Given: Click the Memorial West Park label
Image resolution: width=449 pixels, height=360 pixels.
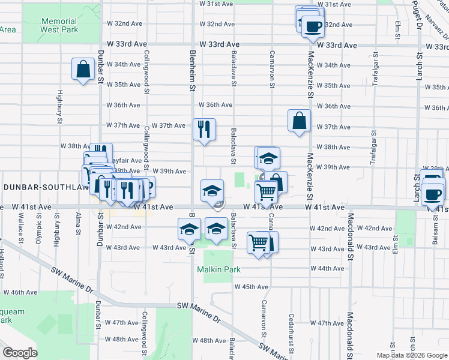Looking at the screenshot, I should [59, 25].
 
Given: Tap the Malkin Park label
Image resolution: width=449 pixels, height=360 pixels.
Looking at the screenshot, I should [219, 269].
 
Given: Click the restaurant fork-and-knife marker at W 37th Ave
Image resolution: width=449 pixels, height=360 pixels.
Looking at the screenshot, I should [204, 129].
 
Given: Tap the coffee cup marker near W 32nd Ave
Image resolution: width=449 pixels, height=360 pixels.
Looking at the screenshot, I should [312, 26].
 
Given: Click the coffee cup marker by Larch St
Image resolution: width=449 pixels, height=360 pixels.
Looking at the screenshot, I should [432, 194].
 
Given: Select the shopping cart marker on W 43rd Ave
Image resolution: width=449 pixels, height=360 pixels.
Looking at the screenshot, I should [258, 243].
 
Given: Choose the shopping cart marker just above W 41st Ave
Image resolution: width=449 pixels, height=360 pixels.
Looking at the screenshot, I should [266, 192].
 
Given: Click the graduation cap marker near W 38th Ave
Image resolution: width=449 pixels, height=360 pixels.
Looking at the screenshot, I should [269, 158].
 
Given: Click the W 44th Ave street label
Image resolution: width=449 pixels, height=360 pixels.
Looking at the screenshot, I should [327, 268].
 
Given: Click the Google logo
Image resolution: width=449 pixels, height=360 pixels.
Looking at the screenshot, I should [20, 353].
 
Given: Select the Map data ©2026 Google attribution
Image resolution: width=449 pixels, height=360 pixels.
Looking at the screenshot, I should [412, 355].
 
